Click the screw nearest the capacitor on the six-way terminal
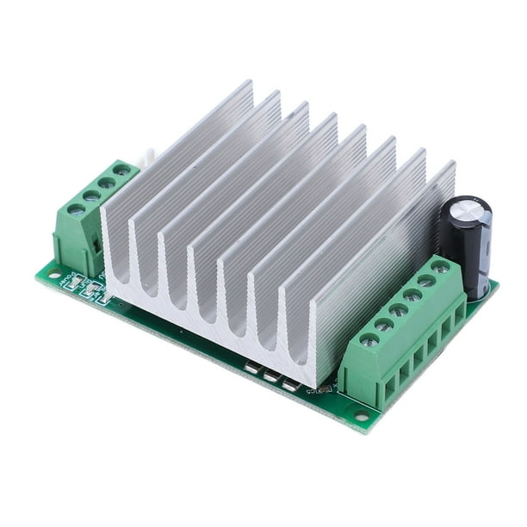coord(440,267)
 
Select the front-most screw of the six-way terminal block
coord(369,340)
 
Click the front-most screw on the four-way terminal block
coord(76,208)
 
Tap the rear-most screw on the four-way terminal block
coord(122,170)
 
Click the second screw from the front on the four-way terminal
coord(91,195)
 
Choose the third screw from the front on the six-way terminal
coord(398,310)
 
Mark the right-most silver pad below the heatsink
coord(290,385)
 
